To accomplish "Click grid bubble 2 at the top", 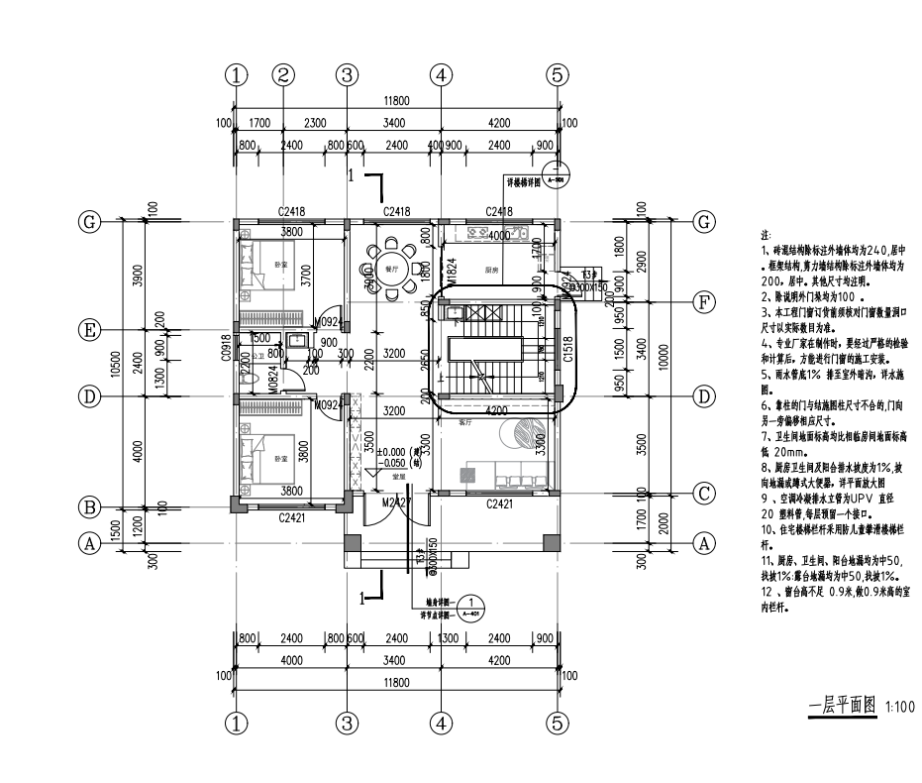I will point(283,74).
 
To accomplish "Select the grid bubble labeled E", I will point(90,330).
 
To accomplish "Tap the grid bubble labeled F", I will point(703,302).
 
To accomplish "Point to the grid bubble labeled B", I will point(90,506).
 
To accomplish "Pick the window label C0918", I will point(227,346).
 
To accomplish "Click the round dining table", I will point(393,268).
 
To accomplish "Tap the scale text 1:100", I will point(899,708).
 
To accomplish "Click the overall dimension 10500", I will point(115,368).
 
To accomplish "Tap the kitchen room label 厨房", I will point(490,269).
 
